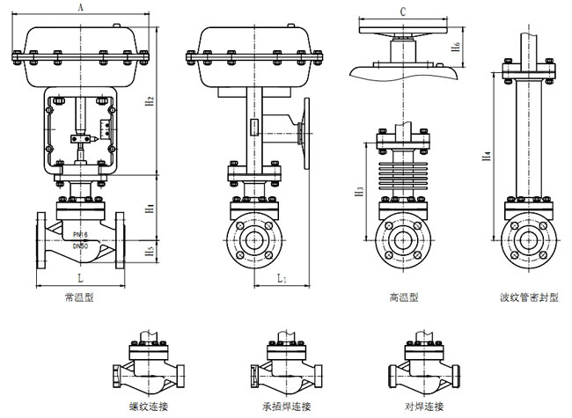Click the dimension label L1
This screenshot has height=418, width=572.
coord(280,278)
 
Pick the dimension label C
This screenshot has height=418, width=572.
coord(402,11)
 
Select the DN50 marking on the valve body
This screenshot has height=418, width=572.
coord(80,246)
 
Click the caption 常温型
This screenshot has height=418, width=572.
coord(80,297)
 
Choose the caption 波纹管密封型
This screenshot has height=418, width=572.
coord(529,297)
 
